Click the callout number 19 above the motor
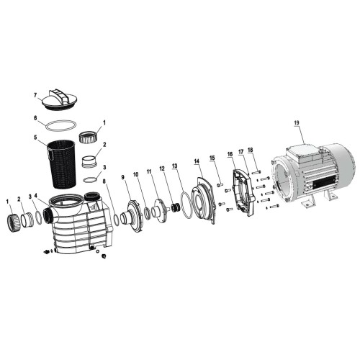pos(297,122)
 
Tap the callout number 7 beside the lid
pos(35,96)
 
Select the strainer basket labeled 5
pos(62,163)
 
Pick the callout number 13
pos(174,166)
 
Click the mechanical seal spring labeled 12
pos(176,207)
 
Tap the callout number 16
pos(230,154)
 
